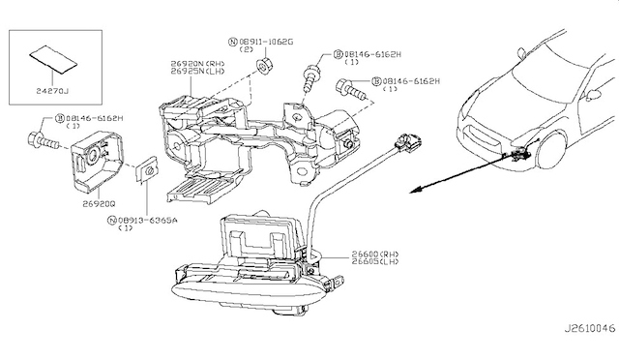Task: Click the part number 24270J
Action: pyautogui.click(x=52, y=91)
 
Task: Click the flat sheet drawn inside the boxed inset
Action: pyautogui.click(x=53, y=59)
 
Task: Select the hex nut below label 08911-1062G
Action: pyautogui.click(x=262, y=66)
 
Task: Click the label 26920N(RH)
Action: pyautogui.click(x=197, y=63)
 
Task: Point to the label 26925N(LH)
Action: pyautogui.click(x=197, y=72)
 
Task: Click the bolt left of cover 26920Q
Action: pyautogui.click(x=44, y=140)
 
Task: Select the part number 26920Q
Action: pyautogui.click(x=99, y=204)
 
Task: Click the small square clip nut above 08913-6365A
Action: pyautogui.click(x=147, y=170)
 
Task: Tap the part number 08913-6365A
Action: pyautogui.click(x=148, y=220)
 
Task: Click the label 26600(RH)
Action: pyautogui.click(x=375, y=254)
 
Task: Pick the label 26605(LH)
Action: pyautogui.click(x=375, y=261)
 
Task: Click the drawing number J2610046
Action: pyautogui.click(x=589, y=328)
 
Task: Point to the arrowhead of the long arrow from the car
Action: pyautogui.click(x=413, y=192)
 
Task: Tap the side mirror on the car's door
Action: pyautogui.click(x=593, y=95)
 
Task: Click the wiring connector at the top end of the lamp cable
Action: pyautogui.click(x=408, y=142)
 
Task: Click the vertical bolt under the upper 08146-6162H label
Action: pyautogui.click(x=309, y=79)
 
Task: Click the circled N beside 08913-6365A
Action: pyautogui.click(x=112, y=220)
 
